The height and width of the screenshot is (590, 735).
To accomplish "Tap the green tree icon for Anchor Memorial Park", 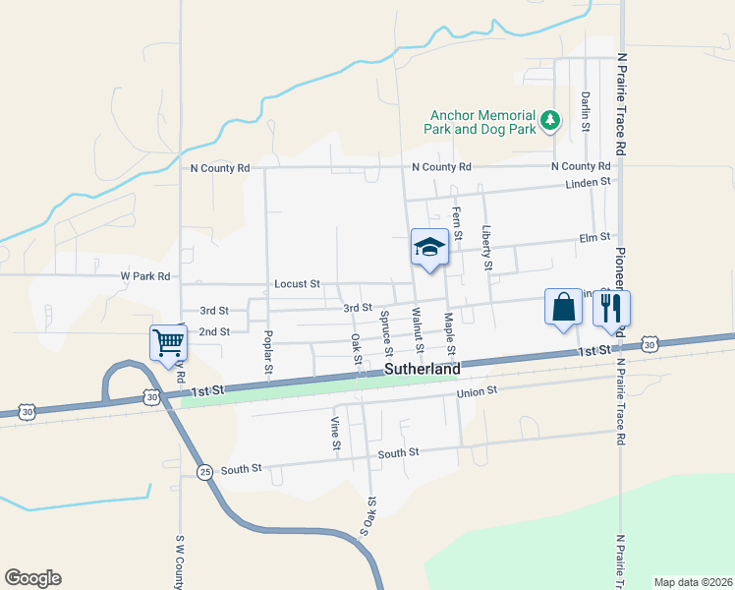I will pos(551,121).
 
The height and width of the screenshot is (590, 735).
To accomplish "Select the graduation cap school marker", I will pos(429,248).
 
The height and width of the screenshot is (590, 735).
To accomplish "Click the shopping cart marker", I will pos(168,343).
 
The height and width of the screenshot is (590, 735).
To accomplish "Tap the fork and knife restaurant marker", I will pos(611,308).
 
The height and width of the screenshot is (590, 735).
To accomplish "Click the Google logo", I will pos(32,578).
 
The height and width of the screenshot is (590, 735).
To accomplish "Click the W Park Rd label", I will pos(145,276).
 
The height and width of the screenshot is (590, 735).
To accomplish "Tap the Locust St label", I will pos(297,284).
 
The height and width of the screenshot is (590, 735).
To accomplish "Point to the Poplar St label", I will pos(267,351).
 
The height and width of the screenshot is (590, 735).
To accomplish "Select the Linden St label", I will pos(588,183).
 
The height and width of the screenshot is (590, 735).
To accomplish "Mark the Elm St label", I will pos(595,237).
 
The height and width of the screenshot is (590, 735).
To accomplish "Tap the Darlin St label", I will pos(585,113).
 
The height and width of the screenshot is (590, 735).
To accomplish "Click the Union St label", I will pos(479,391).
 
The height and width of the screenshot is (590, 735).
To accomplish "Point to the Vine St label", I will pos(335,434).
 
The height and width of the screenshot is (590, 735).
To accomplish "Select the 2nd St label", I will pos(214,331).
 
